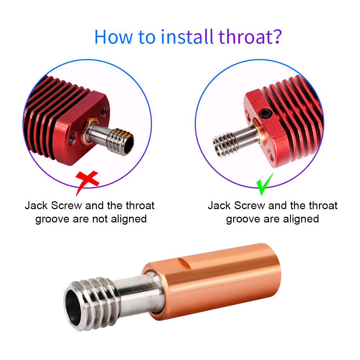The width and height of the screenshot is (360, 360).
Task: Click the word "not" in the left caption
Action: (100, 219)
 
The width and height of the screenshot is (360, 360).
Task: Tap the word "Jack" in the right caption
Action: (219, 206)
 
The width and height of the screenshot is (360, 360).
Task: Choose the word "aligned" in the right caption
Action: (301, 219)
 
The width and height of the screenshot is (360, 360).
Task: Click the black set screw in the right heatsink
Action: (265, 113)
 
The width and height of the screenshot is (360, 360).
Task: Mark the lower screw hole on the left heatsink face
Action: (72, 139)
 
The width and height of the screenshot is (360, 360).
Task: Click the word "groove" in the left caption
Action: (53, 220)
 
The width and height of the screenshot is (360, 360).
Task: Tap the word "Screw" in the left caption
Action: (67, 206)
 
